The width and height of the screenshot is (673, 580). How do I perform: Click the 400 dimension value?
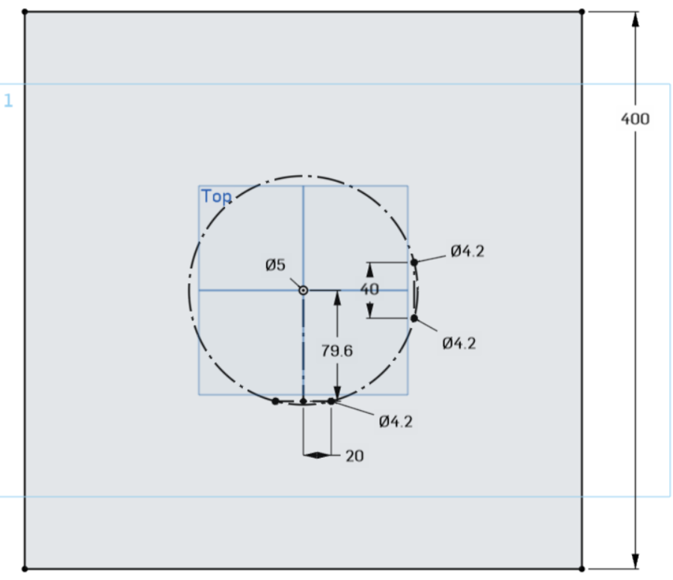point(635,119)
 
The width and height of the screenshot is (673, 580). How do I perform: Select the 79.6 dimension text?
point(337,351)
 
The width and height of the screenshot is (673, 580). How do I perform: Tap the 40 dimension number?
point(369,290)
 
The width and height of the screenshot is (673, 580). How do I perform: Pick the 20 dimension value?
point(354,456)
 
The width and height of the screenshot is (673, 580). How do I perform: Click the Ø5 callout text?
point(275,265)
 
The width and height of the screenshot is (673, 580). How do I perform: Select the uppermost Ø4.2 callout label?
point(467,251)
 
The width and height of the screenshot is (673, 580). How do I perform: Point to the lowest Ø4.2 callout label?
point(396,421)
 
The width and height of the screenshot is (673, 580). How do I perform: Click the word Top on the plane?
point(216,196)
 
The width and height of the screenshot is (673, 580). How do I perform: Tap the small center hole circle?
point(304,290)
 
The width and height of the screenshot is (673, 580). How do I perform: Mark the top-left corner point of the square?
point(25,12)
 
